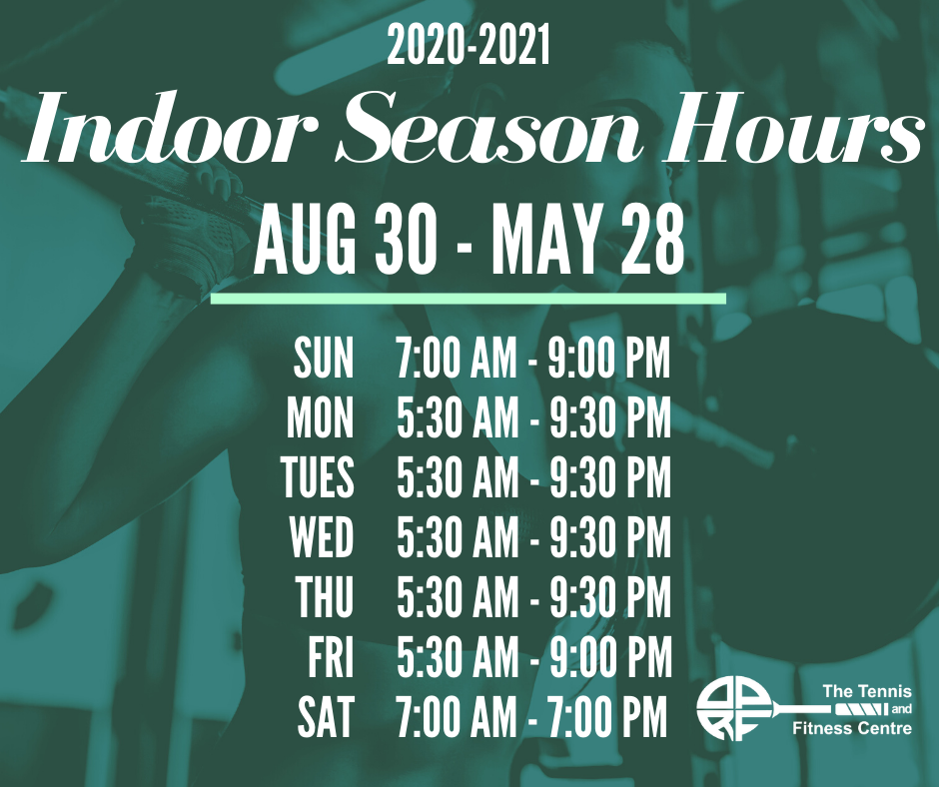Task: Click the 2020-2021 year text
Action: (x=469, y=46)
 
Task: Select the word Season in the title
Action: (x=488, y=129)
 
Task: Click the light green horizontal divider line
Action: (x=469, y=299)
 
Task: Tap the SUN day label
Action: (x=324, y=359)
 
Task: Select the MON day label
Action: (x=320, y=417)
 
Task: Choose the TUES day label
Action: (x=318, y=477)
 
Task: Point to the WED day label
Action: (x=322, y=537)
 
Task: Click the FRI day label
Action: (x=332, y=657)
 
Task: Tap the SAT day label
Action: (x=326, y=716)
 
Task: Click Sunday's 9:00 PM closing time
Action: (x=609, y=359)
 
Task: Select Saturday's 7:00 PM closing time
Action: (x=606, y=716)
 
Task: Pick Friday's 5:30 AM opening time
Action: (x=458, y=657)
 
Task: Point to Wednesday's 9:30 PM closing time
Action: (x=610, y=537)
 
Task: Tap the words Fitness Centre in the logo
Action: (x=852, y=728)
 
